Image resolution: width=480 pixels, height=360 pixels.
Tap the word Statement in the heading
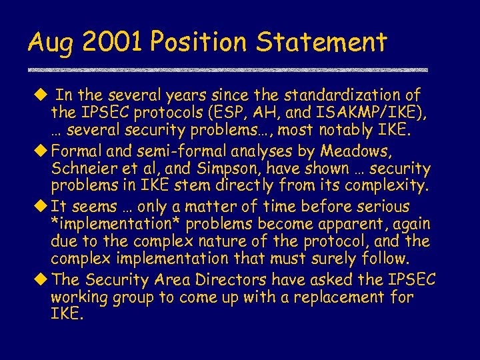[x=321, y=42]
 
